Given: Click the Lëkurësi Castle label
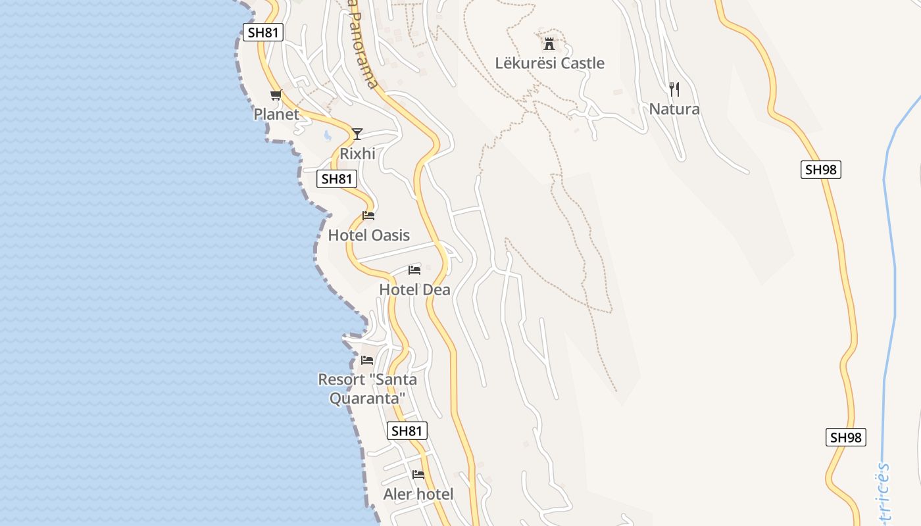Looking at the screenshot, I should [549, 63].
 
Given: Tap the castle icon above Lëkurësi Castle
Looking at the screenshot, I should [549, 44].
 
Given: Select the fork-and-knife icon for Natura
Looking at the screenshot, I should [674, 89].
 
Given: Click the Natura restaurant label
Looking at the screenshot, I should [674, 108].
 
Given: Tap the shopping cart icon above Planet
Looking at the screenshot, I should [276, 95].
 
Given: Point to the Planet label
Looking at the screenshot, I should [276, 114].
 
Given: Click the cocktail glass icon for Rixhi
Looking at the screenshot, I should [357, 134].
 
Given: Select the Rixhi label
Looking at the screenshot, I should [357, 153].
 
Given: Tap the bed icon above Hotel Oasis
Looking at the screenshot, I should [368, 216].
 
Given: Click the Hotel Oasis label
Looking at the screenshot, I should [368, 235].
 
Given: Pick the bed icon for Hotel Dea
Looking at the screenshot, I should [414, 270].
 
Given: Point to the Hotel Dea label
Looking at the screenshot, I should [414, 289].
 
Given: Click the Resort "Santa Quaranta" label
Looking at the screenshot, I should [367, 389].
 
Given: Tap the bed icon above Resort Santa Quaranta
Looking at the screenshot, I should [367, 360].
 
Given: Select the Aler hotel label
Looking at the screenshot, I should [418, 494].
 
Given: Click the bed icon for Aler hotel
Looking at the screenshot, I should [418, 475].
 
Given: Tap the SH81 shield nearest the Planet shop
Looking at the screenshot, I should [262, 32].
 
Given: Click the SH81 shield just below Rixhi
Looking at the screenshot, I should [336, 178].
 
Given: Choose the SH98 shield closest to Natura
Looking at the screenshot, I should [821, 169].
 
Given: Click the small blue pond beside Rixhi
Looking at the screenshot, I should [328, 136].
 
